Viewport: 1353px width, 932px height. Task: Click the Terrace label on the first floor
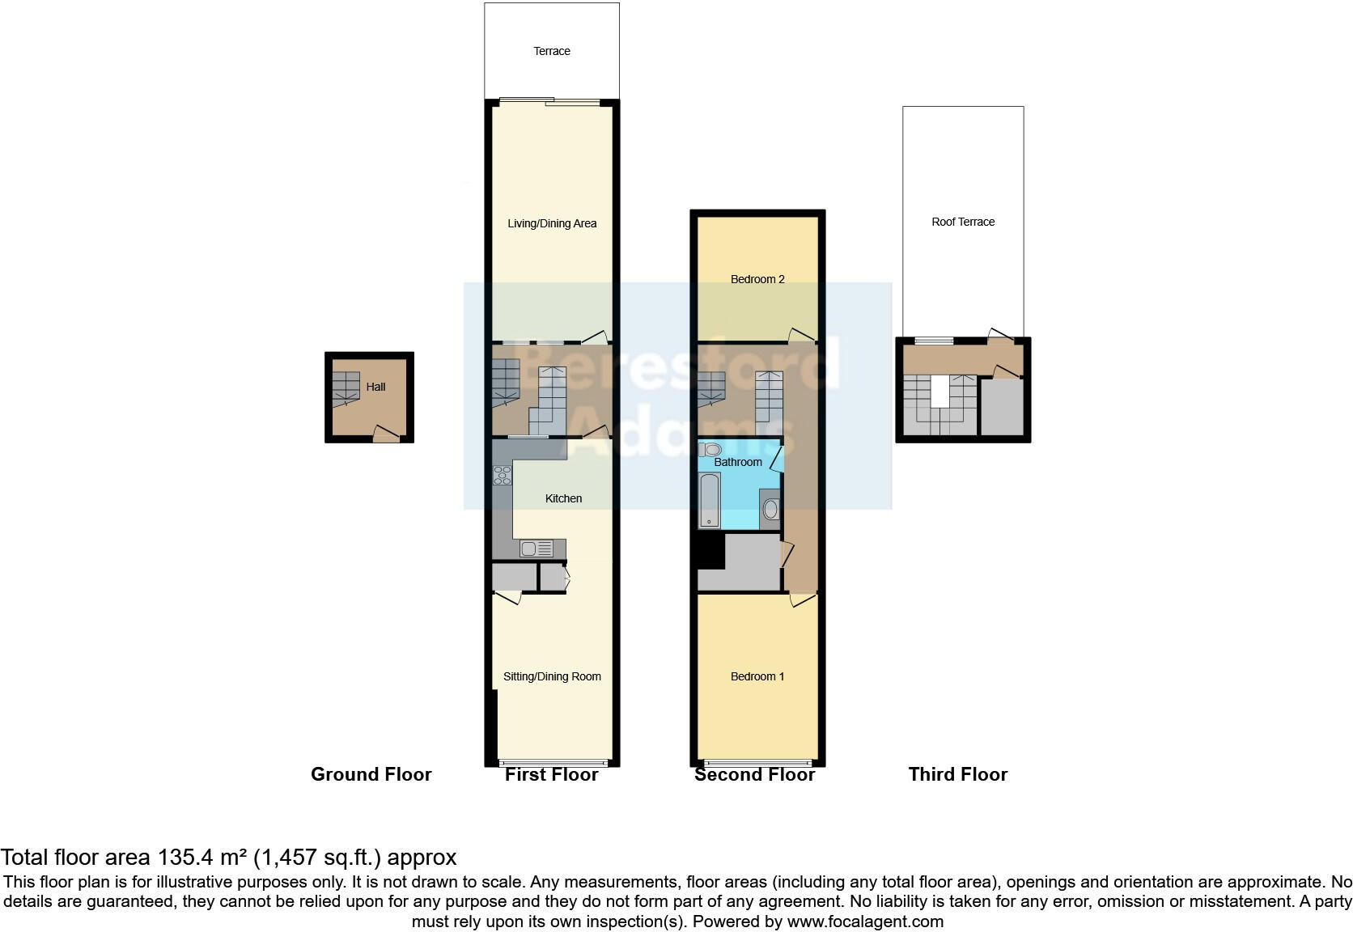(x=552, y=51)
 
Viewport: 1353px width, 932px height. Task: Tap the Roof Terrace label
(x=963, y=222)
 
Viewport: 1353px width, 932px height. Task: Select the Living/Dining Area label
(x=552, y=223)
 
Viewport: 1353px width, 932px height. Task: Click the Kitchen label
(x=563, y=498)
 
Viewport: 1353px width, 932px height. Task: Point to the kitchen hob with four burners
(x=503, y=476)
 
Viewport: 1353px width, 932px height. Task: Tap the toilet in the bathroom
(x=710, y=449)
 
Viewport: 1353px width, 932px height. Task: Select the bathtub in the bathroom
(x=710, y=500)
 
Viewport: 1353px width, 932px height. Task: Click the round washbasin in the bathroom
(x=770, y=509)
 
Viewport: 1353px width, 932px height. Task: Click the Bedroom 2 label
(x=757, y=279)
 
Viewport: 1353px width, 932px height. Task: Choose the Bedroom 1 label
(x=757, y=676)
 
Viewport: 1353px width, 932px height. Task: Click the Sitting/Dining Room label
(x=552, y=676)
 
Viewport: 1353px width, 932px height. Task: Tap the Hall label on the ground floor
(x=375, y=387)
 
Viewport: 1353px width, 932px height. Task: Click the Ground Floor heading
(x=371, y=774)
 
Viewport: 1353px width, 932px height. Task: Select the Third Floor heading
(x=957, y=774)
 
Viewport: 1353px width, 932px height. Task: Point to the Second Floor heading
(x=754, y=774)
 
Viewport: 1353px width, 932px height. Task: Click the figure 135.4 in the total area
(x=185, y=858)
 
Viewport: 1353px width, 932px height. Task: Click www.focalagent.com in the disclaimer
(x=864, y=921)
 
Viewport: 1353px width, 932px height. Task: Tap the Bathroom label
(x=737, y=462)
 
